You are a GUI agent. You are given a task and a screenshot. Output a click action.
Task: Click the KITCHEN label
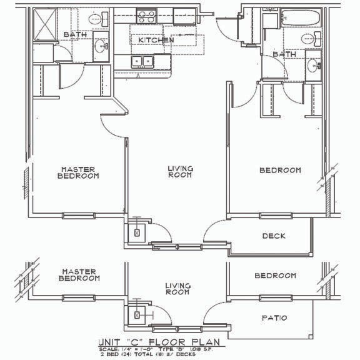click(156, 40)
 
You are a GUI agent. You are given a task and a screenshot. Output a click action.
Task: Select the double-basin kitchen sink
click(142, 61)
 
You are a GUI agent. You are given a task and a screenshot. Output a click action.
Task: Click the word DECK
click(274, 236)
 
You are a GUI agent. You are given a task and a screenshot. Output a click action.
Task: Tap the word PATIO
click(274, 318)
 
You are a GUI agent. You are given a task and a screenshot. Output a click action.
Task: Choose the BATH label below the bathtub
click(284, 55)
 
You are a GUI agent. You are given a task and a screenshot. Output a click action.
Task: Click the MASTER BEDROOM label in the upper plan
click(79, 172)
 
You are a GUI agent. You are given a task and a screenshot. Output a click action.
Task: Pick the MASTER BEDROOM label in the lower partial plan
click(79, 275)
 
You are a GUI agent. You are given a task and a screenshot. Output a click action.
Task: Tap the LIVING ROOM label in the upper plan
click(180, 172)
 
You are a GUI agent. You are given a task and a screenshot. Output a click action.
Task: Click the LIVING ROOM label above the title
click(177, 289)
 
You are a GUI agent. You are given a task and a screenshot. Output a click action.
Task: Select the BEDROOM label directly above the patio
click(276, 276)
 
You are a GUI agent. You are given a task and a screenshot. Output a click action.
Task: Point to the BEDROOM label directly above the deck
click(280, 170)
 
